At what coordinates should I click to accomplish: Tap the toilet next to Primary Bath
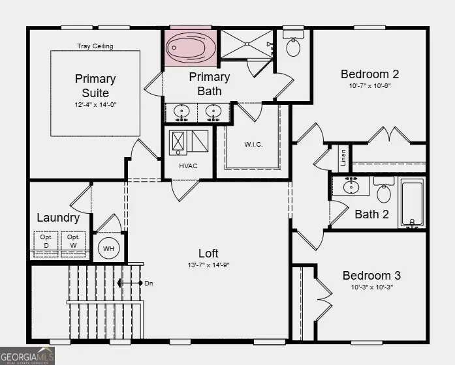tap(293, 46)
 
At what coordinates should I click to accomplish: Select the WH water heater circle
tap(108, 248)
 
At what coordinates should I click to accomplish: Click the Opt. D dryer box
tap(46, 241)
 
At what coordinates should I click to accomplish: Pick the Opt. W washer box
tap(73, 241)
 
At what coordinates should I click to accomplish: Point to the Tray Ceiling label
tap(95, 46)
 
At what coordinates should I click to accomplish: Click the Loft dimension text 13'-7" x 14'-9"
tap(208, 265)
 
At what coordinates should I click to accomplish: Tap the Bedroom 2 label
tap(370, 74)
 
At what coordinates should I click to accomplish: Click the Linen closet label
tap(343, 157)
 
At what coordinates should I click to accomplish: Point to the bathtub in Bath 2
tap(411, 203)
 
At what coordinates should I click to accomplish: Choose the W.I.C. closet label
tap(253, 144)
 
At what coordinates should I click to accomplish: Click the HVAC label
tap(188, 166)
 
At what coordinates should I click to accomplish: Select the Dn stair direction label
tap(149, 283)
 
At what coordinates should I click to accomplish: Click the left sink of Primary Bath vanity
tap(182, 111)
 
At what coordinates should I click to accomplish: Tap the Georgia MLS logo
tap(27, 356)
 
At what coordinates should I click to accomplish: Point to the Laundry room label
tap(58, 218)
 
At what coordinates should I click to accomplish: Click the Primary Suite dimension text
tap(95, 104)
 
